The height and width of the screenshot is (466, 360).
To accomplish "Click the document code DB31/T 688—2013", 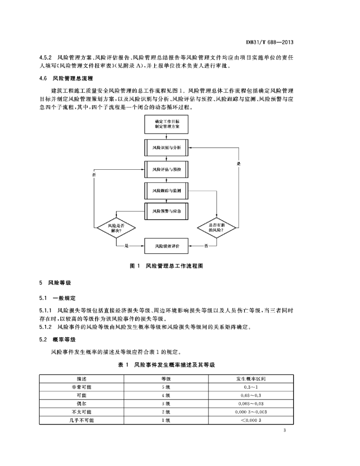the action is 269,42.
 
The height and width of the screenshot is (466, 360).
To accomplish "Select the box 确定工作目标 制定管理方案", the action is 167,124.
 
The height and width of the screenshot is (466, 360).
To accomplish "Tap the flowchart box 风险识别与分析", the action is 167,148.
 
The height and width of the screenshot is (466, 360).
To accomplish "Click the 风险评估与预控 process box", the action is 167,169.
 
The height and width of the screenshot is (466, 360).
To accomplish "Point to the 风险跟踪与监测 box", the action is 167,191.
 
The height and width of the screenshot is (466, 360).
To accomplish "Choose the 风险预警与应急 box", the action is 167,211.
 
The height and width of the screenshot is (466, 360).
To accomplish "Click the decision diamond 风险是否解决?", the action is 116,228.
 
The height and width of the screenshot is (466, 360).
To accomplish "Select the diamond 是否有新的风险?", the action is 217,228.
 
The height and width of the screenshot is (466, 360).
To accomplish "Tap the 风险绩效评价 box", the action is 167,246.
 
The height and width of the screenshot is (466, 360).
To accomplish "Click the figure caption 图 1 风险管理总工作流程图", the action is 167,266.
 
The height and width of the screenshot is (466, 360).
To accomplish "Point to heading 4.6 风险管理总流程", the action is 66,78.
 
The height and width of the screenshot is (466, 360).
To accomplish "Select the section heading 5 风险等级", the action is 55,283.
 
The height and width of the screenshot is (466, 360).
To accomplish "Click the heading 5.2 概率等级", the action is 57,339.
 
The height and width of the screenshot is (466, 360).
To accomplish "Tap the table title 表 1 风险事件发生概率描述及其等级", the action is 167,365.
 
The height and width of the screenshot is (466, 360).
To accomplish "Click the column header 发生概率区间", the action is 251,379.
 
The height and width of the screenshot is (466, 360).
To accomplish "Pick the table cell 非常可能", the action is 81,387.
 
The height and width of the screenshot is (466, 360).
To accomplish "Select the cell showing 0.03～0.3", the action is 251,395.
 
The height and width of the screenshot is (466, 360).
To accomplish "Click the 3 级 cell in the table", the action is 166,404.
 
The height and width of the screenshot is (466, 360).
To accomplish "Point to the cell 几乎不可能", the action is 81,420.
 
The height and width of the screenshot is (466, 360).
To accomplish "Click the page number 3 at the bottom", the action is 284,431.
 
